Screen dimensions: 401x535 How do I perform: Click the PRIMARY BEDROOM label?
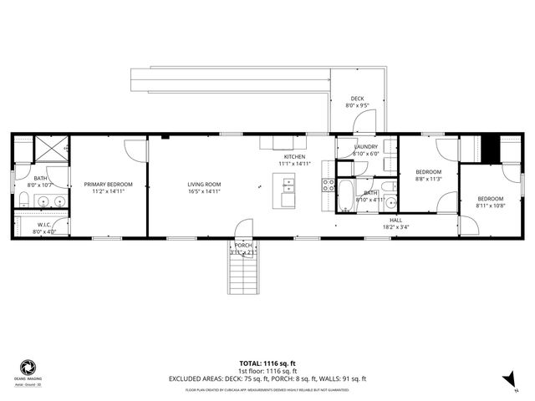point(108,184)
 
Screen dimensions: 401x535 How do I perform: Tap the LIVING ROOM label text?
point(203,184)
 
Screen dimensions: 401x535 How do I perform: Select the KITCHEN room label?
point(294,157)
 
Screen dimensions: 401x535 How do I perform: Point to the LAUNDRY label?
point(366,146)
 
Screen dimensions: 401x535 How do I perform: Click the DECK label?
point(357,99)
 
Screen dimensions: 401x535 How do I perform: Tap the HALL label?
point(395,220)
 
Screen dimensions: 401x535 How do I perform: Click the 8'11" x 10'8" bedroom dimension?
point(490,206)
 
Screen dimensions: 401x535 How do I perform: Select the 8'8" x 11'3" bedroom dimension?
point(428,179)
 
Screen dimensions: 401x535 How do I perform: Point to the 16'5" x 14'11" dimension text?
point(203,191)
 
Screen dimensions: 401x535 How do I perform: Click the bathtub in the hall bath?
point(344,199)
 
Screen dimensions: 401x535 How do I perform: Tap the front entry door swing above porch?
point(244,228)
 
